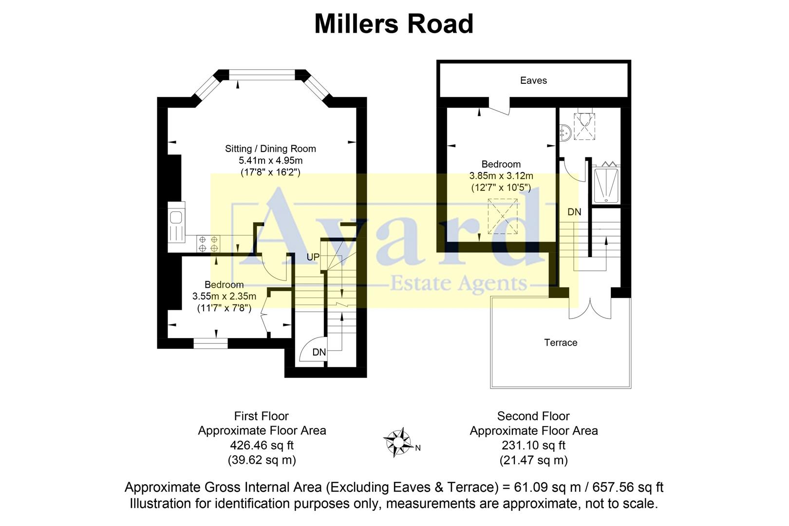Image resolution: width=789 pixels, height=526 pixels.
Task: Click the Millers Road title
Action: click(x=394, y=24)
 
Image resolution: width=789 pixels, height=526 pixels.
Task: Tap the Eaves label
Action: click(x=533, y=80)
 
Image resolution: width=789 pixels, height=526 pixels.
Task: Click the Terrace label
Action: click(x=561, y=342)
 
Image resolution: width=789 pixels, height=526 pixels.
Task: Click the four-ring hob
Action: click(x=208, y=244)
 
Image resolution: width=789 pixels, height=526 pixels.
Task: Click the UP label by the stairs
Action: click(x=313, y=257)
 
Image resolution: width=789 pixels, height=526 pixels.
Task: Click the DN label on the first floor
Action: click(x=319, y=352)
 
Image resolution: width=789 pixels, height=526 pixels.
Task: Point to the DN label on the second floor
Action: click(x=574, y=212)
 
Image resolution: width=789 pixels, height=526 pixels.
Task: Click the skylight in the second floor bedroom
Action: click(x=503, y=217)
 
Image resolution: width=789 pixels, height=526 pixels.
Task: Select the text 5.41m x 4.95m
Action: click(x=270, y=160)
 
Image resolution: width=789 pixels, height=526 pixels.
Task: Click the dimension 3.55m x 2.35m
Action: click(x=224, y=296)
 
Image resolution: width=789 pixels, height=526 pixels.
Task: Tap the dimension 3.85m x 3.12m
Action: click(x=501, y=176)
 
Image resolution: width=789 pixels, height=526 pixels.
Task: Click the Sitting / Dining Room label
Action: click(x=270, y=149)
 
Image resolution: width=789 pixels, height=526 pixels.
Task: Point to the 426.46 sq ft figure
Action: click(x=262, y=445)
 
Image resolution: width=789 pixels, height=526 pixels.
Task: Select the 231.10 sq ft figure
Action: click(x=533, y=445)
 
